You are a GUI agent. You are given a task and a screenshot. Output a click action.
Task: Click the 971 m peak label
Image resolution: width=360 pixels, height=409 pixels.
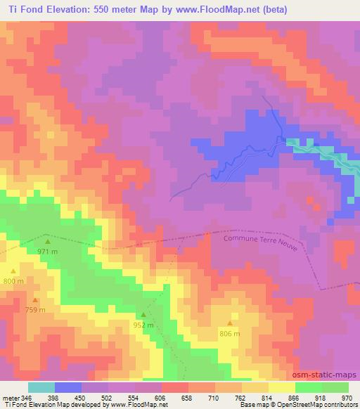47,251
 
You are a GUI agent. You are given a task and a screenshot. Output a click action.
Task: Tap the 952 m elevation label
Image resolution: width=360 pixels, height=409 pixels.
143,325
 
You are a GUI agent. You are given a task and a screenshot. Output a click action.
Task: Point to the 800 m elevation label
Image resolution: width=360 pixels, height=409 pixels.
13,280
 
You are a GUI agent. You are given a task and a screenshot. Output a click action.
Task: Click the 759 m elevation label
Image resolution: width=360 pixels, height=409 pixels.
36,310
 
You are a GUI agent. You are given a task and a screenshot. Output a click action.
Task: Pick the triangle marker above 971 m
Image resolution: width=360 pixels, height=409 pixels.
48,242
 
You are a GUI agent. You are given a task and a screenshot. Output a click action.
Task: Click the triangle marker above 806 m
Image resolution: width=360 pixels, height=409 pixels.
229,324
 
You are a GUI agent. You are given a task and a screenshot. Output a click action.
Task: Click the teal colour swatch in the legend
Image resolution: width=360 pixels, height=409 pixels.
41,387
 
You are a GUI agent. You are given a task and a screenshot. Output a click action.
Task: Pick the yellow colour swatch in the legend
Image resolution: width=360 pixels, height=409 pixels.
281,387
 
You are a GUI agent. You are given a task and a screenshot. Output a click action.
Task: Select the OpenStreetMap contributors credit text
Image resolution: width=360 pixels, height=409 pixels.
326,405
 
